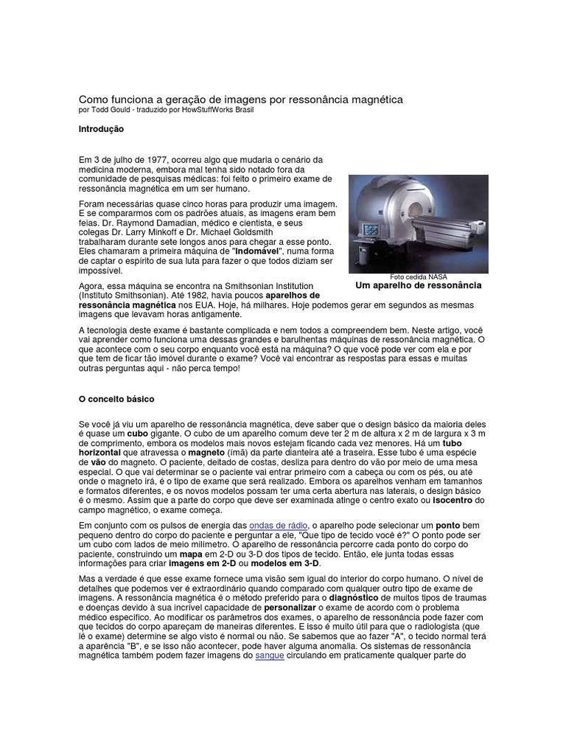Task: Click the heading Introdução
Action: (101, 129)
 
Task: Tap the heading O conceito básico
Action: (116, 399)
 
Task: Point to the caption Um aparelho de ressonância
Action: (418, 285)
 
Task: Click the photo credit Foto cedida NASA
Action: (419, 276)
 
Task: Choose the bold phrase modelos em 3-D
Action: (277, 563)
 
